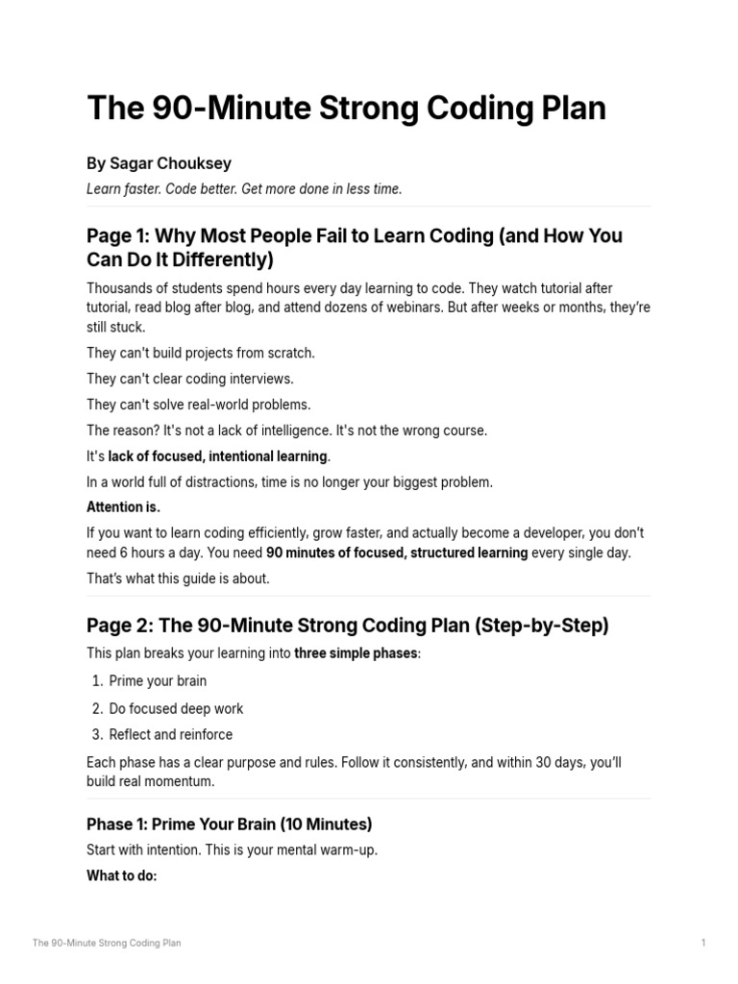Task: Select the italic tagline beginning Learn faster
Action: click(244, 189)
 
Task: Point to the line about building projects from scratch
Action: click(200, 353)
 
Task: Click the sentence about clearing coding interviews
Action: click(190, 379)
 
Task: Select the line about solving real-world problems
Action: click(199, 405)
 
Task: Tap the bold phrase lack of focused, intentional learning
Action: click(217, 456)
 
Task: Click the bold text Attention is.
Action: click(123, 507)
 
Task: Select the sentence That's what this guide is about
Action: click(178, 578)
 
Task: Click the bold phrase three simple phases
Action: click(356, 653)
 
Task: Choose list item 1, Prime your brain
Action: click(158, 681)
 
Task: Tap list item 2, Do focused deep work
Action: click(176, 708)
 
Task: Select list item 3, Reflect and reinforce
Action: click(170, 735)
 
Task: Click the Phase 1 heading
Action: click(229, 824)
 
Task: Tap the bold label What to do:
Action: click(121, 876)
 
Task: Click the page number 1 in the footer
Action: click(703, 944)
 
